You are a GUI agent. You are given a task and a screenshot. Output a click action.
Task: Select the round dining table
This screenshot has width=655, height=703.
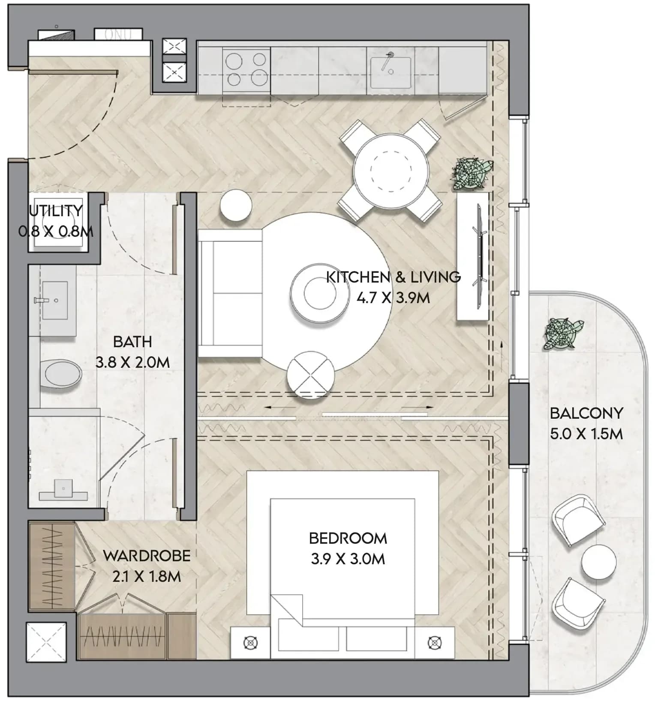(391, 171)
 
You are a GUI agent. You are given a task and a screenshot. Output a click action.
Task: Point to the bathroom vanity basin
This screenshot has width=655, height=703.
(54, 300)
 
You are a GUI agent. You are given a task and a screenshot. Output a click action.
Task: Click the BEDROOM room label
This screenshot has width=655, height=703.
(348, 538)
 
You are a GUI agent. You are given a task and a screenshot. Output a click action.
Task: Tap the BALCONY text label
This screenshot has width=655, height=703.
(586, 413)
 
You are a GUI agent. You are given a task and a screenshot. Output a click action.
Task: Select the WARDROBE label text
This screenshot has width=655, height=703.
(147, 556)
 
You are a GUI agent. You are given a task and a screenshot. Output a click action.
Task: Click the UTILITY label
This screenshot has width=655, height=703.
(56, 211)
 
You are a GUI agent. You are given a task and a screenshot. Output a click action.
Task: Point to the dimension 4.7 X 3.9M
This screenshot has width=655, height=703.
(393, 298)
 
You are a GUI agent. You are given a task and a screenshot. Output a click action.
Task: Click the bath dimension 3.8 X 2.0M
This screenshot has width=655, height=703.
(132, 363)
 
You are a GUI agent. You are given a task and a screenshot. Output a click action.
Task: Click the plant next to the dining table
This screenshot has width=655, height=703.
(471, 173)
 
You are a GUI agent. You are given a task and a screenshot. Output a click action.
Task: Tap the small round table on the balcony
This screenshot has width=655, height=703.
(598, 562)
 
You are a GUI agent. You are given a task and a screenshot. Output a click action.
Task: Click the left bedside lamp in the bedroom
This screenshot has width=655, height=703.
(251, 643)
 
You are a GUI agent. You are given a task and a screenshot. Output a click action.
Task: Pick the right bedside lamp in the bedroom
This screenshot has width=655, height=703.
(435, 643)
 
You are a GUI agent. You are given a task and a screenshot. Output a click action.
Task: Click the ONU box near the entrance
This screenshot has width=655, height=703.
(118, 35)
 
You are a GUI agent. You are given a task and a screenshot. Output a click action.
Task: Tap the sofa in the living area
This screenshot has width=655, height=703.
(231, 293)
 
